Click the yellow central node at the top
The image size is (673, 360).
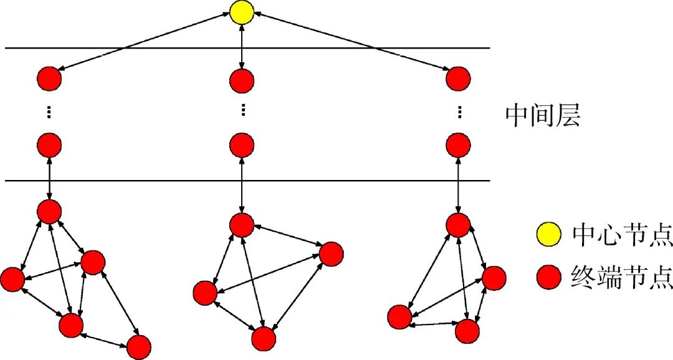pos(242,13)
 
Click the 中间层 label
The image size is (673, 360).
pos(543,115)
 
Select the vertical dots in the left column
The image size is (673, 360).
pos(49,113)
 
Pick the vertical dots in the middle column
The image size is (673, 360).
pos(242,111)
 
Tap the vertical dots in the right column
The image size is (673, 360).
pos(459,113)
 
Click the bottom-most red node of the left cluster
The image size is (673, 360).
pos(139,346)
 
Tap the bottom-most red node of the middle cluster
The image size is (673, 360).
pos(264,339)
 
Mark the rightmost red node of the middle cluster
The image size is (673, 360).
pos(331,253)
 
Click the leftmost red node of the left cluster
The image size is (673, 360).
pos(12,279)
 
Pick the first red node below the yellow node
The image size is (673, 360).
pos(242,80)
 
